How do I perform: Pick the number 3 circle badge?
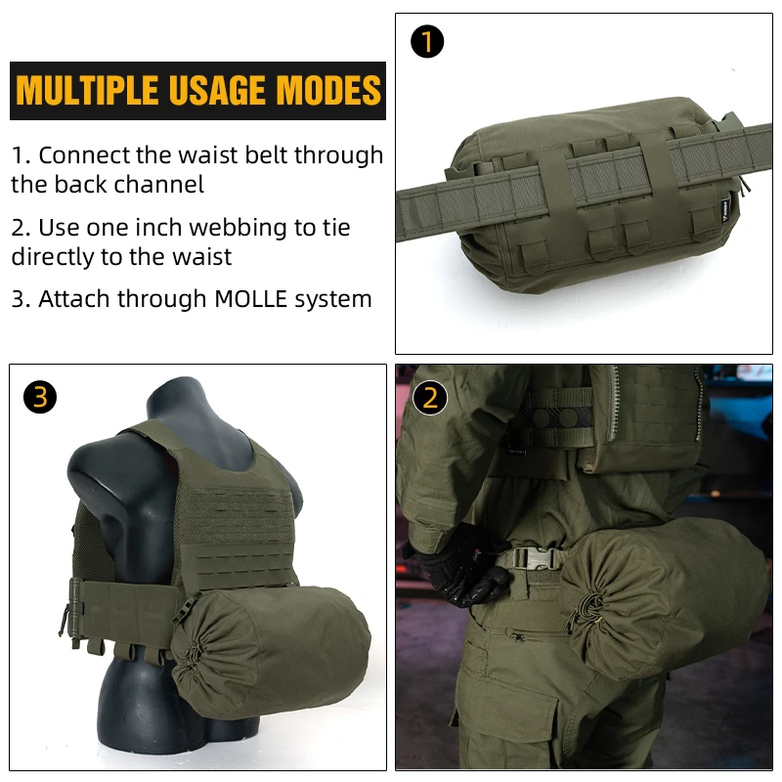pyautogui.click(x=40, y=396)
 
